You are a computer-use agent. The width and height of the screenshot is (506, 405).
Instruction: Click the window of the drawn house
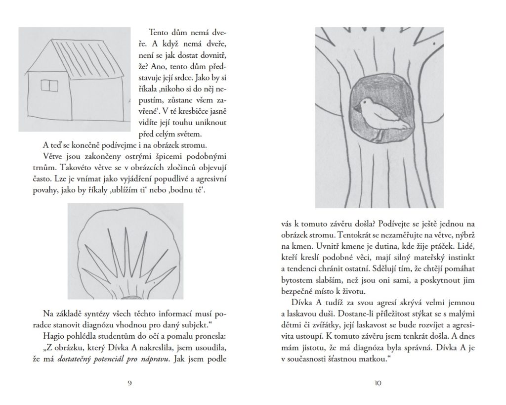49,85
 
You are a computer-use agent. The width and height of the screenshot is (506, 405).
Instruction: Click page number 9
130,383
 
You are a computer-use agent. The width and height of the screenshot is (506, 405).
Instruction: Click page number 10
378,383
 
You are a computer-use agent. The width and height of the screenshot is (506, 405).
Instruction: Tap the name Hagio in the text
52,337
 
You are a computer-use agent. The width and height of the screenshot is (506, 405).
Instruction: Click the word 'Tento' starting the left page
160,33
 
